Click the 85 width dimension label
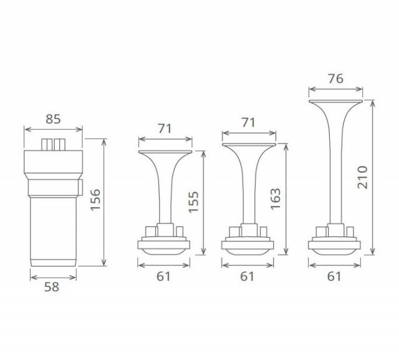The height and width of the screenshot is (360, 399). [x=53, y=119]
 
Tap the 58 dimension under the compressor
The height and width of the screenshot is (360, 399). [x=52, y=287]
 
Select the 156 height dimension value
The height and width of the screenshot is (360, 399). [x=95, y=200]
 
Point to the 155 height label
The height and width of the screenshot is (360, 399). [x=193, y=202]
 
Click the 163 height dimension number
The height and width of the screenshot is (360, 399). [x=276, y=199]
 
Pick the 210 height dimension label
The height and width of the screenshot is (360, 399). [x=363, y=177]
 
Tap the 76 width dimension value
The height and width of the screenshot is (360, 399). [x=335, y=79]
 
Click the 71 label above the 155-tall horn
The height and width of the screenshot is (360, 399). [x=165, y=129]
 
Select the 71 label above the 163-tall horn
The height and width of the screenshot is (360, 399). [x=248, y=122]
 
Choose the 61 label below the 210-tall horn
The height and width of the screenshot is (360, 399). [x=334, y=276]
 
